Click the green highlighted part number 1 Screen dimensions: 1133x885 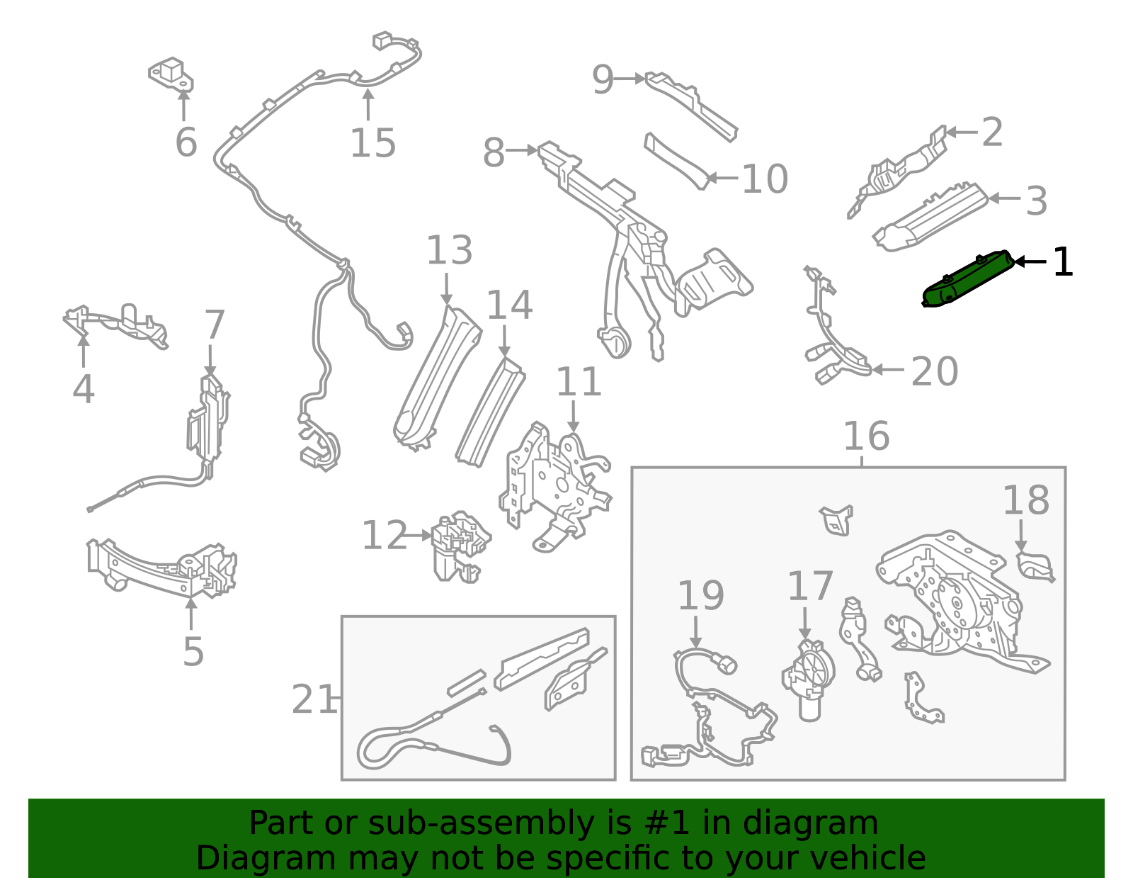coord(968,279)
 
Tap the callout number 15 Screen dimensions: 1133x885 coord(372,143)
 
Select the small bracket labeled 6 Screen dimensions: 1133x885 coord(171,74)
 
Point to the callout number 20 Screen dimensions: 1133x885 coord(934,371)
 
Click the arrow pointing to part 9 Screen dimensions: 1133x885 coord(630,79)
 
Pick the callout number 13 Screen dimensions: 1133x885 coord(450,250)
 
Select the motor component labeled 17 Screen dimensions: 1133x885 coord(808,680)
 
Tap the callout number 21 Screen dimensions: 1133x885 coord(314,699)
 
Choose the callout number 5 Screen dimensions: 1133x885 coord(193,651)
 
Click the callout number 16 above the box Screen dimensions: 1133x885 coord(866,436)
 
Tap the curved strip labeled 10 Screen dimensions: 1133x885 coord(677,161)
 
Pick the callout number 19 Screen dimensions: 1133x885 coord(700,595)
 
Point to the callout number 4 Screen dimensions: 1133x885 coord(84,389)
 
